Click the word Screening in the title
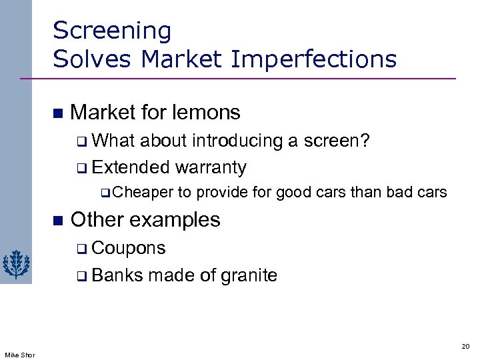112,31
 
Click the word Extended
131,167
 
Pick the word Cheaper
143,193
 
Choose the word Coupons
129,248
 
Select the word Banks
117,275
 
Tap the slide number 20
465,346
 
